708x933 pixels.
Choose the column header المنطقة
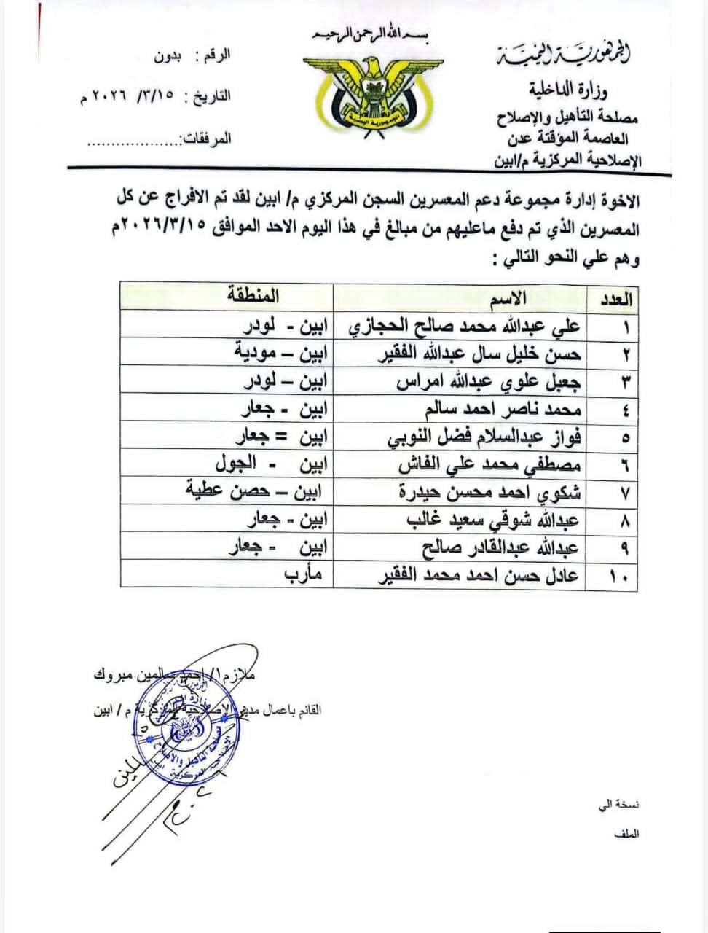[x=253, y=296]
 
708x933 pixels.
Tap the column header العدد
[x=618, y=299]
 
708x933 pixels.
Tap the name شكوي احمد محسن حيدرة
[x=489, y=492]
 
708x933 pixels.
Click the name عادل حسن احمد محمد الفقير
[x=481, y=576]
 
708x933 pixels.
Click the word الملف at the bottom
[x=626, y=833]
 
